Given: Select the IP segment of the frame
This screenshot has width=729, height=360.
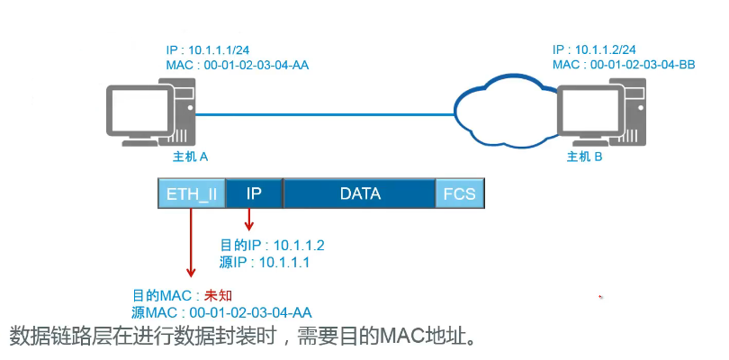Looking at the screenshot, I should tap(254, 193).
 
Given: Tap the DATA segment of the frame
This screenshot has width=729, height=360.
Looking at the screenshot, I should tap(360, 193).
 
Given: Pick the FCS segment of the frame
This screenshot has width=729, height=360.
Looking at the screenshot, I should tap(459, 193).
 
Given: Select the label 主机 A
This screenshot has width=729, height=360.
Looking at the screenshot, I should tap(191, 157).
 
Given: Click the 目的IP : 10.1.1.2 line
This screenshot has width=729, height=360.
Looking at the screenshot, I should tap(272, 245).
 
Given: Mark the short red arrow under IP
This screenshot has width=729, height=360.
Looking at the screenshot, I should tap(249, 220).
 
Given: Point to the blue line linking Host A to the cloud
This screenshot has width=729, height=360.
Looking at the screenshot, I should tap(324, 114).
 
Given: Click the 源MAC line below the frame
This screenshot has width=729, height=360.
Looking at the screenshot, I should tap(221, 312).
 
